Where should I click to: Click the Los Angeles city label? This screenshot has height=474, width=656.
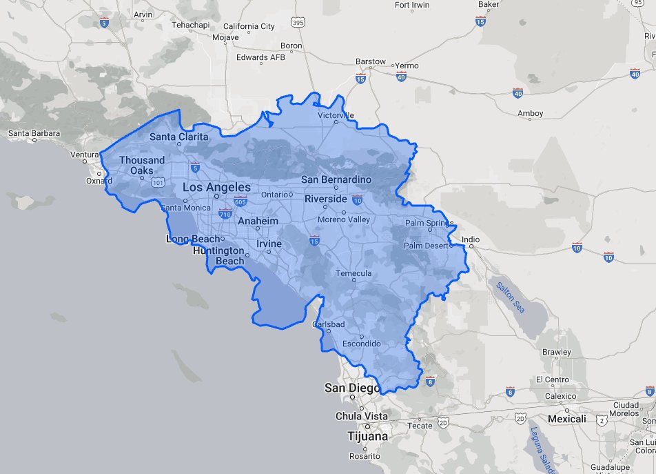(x=216, y=187)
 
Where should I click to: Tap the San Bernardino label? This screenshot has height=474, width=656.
(x=336, y=179)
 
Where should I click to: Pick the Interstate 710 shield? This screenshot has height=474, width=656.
(x=225, y=214)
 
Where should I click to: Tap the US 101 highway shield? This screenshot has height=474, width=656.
(x=158, y=183)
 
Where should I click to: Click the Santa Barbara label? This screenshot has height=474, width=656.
(x=34, y=133)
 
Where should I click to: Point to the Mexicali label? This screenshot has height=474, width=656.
(x=566, y=419)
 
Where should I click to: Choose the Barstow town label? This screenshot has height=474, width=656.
(x=371, y=61)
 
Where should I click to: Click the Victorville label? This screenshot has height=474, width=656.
(x=336, y=115)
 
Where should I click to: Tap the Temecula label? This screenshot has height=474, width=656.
(x=353, y=273)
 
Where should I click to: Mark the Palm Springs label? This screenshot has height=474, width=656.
(x=429, y=223)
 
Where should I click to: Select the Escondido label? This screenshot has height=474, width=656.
(x=362, y=344)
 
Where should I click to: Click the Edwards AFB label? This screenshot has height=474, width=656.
(x=260, y=57)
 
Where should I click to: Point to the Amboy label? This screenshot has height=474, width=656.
(x=531, y=113)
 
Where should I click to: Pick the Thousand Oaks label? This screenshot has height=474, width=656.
(x=142, y=166)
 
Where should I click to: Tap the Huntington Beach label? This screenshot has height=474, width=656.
(x=218, y=255)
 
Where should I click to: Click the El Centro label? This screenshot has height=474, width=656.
(x=552, y=379)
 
